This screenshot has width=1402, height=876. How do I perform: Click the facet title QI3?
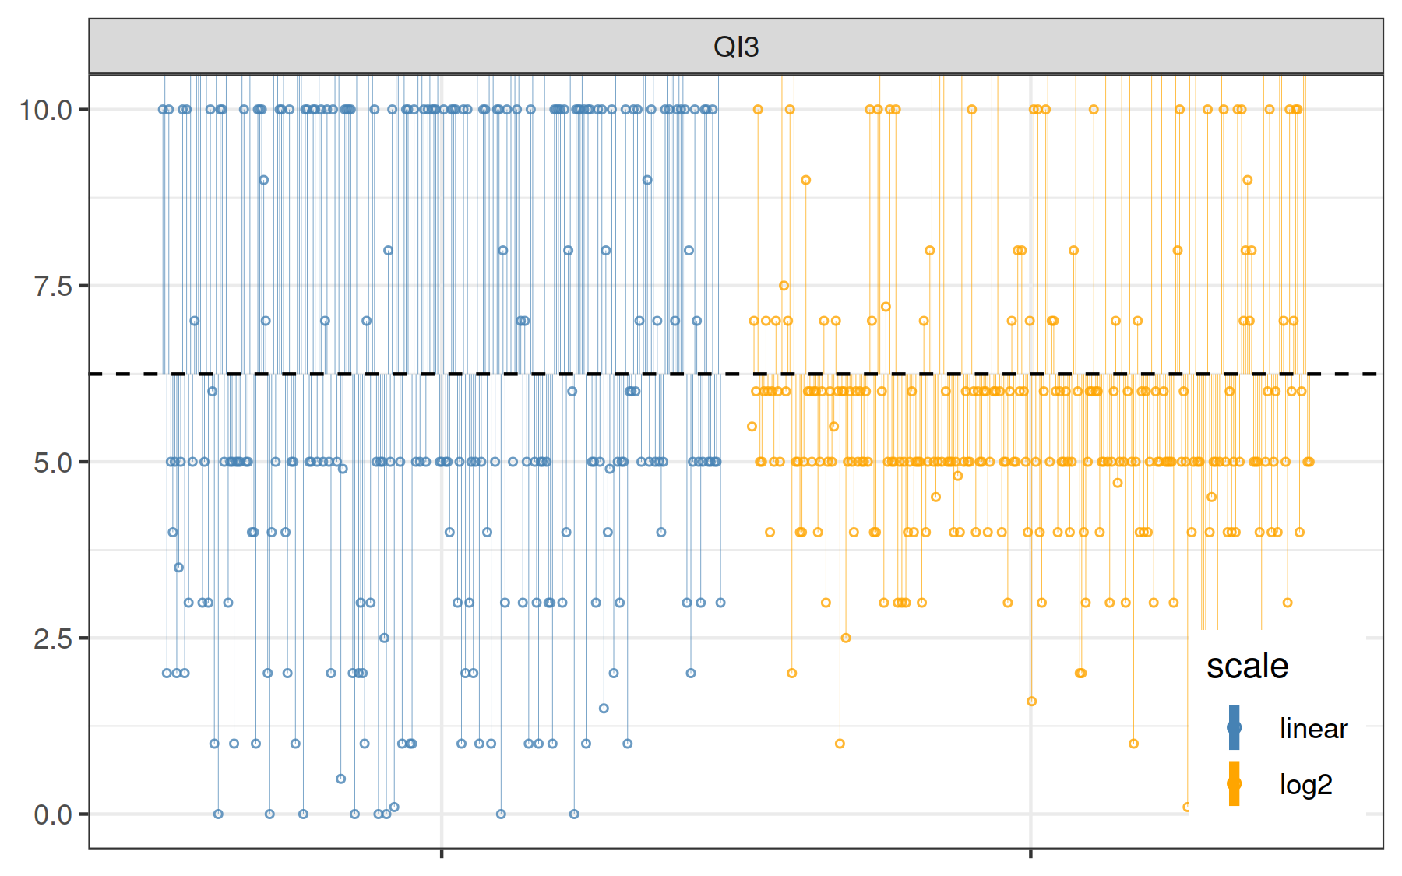(x=735, y=47)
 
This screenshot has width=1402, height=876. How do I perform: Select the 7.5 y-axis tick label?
(x=53, y=286)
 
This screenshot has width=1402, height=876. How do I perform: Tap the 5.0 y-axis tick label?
(x=53, y=463)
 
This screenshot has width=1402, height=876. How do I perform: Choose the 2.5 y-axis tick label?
(x=53, y=639)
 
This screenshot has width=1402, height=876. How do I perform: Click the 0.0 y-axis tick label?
(x=53, y=814)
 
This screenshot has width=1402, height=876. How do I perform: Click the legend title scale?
(x=1247, y=667)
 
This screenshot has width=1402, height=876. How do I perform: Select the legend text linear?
(x=1313, y=729)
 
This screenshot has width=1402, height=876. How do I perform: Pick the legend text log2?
(x=1305, y=785)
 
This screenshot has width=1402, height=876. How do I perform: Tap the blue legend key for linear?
(x=1234, y=728)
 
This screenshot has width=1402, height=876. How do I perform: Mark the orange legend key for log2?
(x=1234, y=783)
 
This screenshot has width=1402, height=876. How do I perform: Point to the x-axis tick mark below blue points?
(x=442, y=853)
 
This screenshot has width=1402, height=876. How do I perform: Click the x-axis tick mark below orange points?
(x=1030, y=853)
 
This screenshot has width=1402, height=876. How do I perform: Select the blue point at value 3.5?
(x=179, y=568)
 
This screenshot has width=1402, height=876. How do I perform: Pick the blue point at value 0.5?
(x=340, y=779)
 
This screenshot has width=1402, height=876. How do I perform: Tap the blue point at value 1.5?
(x=604, y=709)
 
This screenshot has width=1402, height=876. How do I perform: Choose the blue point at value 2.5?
(x=384, y=638)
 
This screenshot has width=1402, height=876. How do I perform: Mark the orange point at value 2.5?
(x=845, y=638)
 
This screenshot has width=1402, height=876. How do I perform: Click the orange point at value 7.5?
(x=784, y=286)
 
